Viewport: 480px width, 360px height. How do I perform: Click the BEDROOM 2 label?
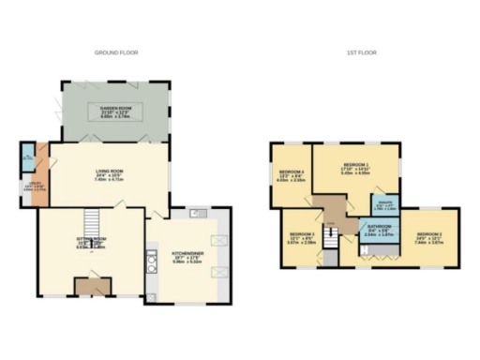[x=428, y=234]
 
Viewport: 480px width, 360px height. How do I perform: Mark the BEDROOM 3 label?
[x=300, y=235]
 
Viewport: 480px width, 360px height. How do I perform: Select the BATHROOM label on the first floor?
[x=379, y=229]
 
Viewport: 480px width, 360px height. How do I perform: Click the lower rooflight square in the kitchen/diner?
[x=221, y=271]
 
